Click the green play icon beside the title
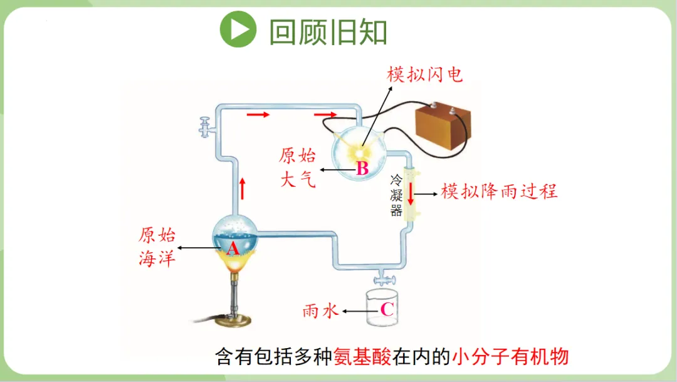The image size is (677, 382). click(238, 29)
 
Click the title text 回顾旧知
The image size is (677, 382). click(328, 31)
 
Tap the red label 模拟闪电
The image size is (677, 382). click(425, 75)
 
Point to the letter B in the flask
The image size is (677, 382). click(362, 168)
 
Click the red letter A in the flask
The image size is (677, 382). click(233, 249)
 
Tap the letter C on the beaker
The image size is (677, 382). click(387, 309)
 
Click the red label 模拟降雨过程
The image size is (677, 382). click(499, 191)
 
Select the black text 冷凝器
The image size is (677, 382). click(396, 195)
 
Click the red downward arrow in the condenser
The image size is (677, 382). click(411, 193)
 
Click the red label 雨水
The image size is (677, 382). click(320, 310)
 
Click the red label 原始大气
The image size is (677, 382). click(298, 167)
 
